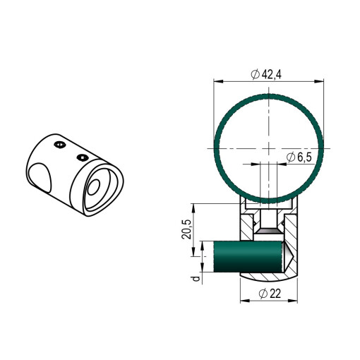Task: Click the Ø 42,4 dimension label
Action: (x=266, y=74)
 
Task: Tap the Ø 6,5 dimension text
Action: (x=299, y=157)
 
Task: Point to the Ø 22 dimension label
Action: (x=270, y=294)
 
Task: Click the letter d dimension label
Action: (x=196, y=279)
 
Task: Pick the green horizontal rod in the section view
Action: (x=248, y=256)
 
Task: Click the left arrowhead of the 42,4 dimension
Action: (x=218, y=81)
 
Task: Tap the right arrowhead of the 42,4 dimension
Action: (x=319, y=81)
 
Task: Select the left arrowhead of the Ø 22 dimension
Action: (x=245, y=301)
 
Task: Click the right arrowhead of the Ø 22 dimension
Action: (x=293, y=301)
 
